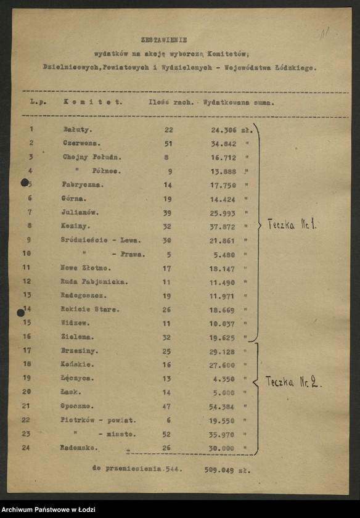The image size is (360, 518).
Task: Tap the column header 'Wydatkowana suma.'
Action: (x=239, y=102)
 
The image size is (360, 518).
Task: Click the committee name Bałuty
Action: (x=77, y=129)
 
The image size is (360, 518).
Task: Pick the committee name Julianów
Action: (x=80, y=212)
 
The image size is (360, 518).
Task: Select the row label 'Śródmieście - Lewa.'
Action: (x=101, y=240)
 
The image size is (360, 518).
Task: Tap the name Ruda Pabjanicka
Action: (x=94, y=281)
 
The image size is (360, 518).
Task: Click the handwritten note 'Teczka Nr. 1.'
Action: (x=292, y=225)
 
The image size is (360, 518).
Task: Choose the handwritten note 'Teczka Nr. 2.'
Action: (x=293, y=382)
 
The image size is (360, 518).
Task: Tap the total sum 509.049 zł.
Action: (x=227, y=469)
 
